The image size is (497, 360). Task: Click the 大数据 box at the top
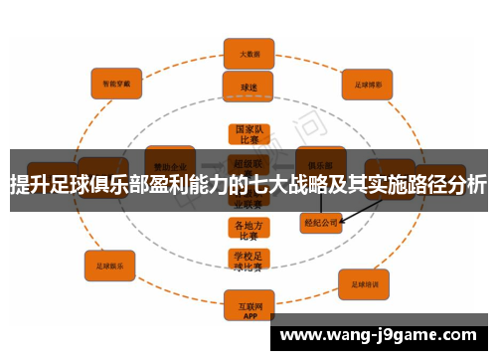(248, 54)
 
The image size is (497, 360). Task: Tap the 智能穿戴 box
(117, 86)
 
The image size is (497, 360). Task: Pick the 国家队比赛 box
(248, 135)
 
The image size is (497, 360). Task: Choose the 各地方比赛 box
(248, 230)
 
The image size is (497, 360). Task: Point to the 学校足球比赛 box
(248, 261)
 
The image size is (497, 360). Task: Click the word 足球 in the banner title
(67, 185)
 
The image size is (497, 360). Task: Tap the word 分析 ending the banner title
(467, 185)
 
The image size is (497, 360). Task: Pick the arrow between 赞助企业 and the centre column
(211, 165)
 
